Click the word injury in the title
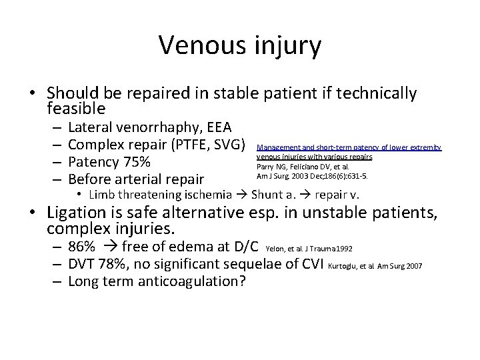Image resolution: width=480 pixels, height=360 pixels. point(289,47)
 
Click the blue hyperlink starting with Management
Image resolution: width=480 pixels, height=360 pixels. point(349,151)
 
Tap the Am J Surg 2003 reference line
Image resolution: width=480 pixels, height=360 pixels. point(311,176)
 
